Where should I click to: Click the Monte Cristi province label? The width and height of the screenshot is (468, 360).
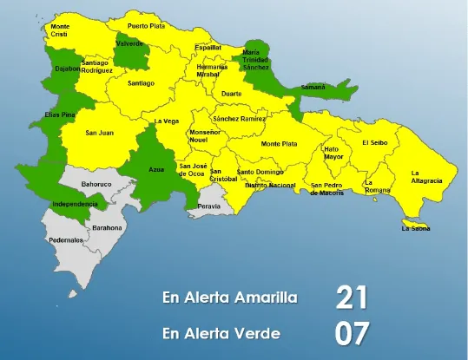tap(60, 29)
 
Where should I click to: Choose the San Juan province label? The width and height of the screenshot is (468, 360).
tap(99, 133)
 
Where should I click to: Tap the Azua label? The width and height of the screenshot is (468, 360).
tap(156, 168)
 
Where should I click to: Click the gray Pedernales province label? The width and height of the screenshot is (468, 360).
tap(66, 239)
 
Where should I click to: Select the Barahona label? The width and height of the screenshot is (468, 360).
tap(96, 227)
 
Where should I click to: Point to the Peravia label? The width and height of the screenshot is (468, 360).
tap(209, 206)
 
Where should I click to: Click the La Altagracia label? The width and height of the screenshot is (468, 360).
tap(426, 177)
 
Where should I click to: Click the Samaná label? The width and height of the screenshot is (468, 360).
tap(313, 87)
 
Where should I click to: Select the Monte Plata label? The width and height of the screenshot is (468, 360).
tap(279, 143)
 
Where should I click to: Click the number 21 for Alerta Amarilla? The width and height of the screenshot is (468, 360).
tap(353, 298)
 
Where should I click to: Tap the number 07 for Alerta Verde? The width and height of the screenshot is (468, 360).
tap(353, 333)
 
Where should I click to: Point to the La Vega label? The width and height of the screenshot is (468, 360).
tap(167, 121)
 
